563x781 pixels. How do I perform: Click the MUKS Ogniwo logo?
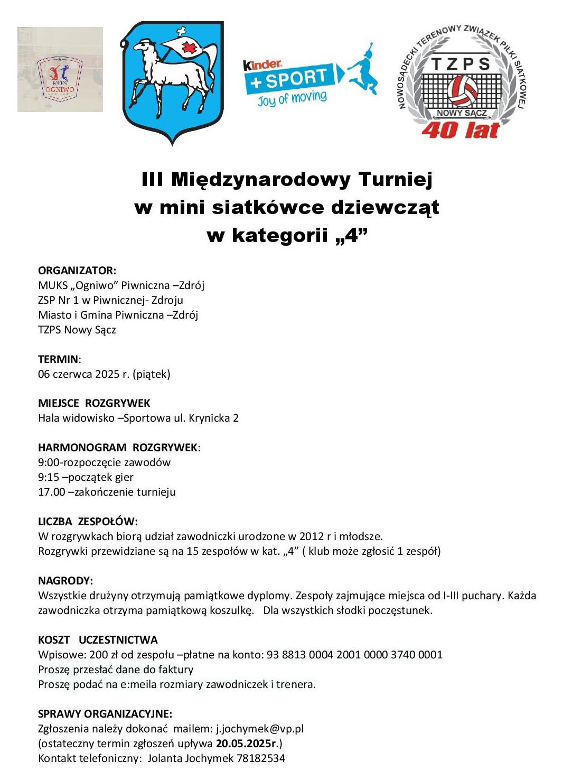tap(60, 69)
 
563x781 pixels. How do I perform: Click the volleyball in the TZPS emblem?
tap(462, 90)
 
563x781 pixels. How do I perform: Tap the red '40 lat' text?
tap(461, 130)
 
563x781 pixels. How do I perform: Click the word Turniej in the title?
tap(395, 179)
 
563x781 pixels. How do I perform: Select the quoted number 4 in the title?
tap(351, 235)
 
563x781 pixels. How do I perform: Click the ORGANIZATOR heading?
tap(77, 271)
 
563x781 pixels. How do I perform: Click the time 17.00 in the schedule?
tap(51, 492)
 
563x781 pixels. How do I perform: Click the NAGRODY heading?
tap(65, 581)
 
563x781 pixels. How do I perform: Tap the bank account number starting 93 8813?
tap(354, 655)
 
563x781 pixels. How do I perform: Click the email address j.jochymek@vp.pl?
tap(260, 729)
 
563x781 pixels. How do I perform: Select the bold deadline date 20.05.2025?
tap(243, 743)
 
